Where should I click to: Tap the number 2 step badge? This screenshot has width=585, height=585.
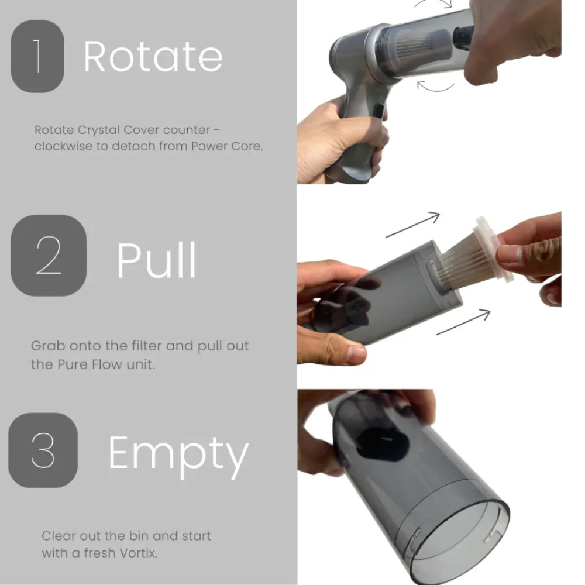pyautogui.click(x=49, y=255)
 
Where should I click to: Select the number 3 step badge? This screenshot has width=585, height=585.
pyautogui.click(x=43, y=450)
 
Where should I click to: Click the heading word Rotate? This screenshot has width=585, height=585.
pyautogui.click(x=153, y=57)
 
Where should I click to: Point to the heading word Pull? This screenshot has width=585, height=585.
pyautogui.click(x=156, y=260)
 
